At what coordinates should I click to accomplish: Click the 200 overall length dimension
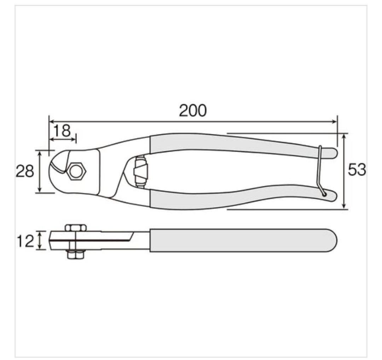(193, 110)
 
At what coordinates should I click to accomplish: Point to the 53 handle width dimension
(357, 169)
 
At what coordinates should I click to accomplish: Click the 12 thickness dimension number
(25, 241)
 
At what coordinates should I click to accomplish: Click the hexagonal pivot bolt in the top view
(76, 172)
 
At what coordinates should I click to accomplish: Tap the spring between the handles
(140, 172)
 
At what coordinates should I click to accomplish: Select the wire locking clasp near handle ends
(320, 170)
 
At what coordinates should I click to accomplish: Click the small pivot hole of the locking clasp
(324, 194)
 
